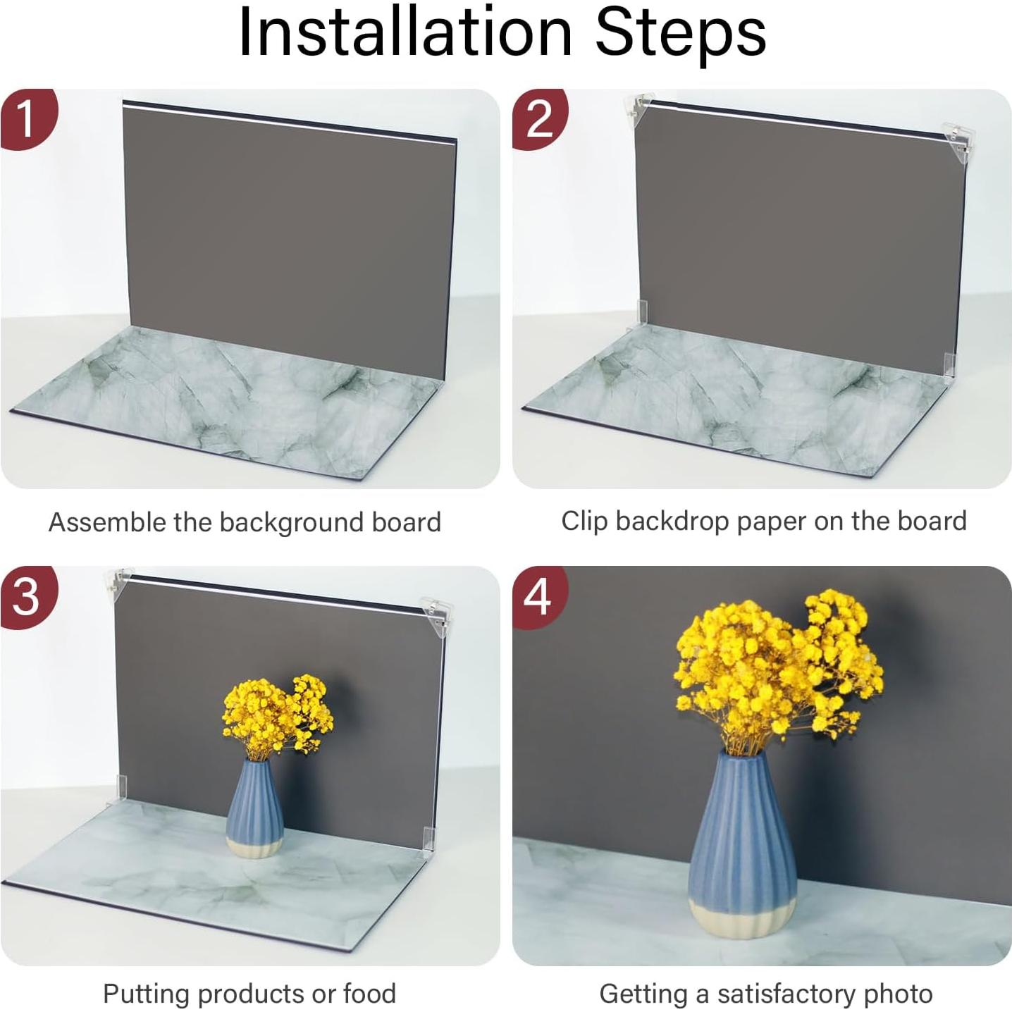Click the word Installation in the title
pos(405,32)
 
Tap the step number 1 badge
pos(26,119)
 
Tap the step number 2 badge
pos(539,119)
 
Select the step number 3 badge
pos(26,597)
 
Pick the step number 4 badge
pos(539,597)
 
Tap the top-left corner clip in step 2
pos(637,109)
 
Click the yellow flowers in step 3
pos(278,716)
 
